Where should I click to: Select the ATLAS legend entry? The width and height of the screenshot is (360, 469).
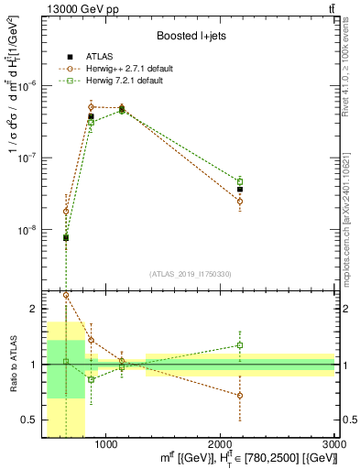click(x=99, y=58)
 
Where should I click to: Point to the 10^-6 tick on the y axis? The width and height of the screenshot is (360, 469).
click(x=29, y=85)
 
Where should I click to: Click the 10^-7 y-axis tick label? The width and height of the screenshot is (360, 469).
click(x=29, y=158)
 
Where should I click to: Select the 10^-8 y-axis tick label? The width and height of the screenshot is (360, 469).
click(x=29, y=230)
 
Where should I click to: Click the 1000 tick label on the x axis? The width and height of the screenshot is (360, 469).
click(x=105, y=444)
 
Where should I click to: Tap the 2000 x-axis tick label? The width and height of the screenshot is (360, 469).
click(x=220, y=444)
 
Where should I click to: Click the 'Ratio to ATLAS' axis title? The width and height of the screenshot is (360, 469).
click(x=11, y=364)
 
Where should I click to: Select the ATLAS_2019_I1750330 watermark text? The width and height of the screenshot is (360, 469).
click(x=191, y=274)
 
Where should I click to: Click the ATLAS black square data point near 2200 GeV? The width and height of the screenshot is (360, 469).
click(x=240, y=190)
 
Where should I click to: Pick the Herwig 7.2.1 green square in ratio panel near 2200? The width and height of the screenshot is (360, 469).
click(x=240, y=345)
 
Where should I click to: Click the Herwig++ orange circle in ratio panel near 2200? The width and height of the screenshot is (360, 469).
click(x=240, y=396)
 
